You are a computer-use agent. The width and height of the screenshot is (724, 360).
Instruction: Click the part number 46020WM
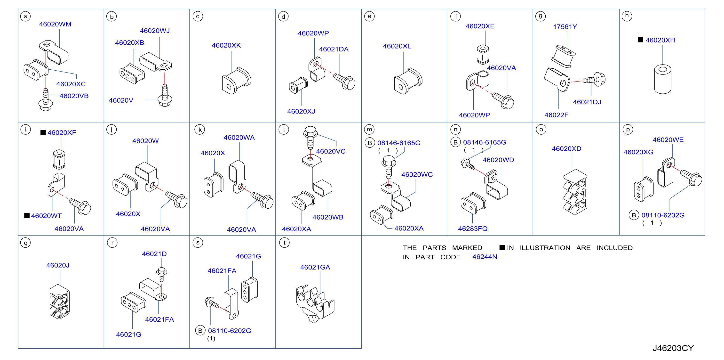coord(55,24)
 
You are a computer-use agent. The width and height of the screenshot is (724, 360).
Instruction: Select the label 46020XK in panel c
coord(226,45)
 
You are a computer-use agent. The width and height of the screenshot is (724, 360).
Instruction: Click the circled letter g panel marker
coord(541,16)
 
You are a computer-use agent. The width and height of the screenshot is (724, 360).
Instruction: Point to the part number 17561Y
coord(565,27)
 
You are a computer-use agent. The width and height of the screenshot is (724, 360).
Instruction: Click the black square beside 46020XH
coord(640,40)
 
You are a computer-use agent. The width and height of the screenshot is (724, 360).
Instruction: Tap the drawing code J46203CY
coord(673,348)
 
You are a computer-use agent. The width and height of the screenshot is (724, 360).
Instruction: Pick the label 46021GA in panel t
coord(315,267)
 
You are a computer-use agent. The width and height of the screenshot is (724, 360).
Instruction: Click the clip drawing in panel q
coord(60,302)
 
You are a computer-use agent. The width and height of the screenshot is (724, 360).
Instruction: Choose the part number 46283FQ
coord(473,229)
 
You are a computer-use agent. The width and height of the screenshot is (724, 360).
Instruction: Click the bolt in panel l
coord(310,138)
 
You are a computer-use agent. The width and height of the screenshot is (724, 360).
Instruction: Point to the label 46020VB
coord(74,96)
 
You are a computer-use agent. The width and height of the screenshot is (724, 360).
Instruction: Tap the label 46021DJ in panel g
coord(587,102)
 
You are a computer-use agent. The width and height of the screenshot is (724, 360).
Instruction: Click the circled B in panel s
coord(200,330)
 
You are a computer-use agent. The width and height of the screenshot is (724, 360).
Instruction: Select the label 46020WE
coord(668,140)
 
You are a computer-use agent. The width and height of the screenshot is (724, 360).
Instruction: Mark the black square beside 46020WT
coord(27,215)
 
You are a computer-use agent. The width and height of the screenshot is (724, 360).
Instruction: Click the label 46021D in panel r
coord(154,254)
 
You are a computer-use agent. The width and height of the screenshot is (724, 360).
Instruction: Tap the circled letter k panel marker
coord(200,130)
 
